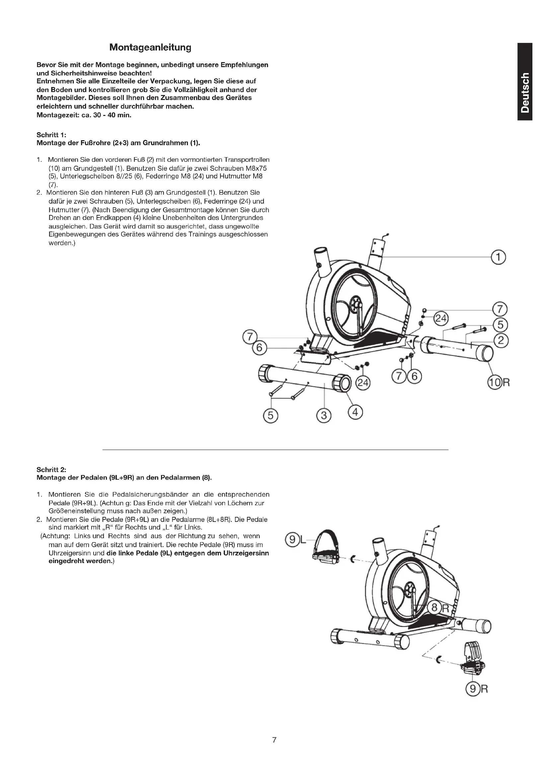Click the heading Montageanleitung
coord(150,48)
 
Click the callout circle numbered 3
coord(324,415)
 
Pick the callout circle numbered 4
coord(355,413)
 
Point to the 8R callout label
coord(438,608)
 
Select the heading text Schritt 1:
coord(51,135)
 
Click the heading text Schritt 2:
coord(51,469)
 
